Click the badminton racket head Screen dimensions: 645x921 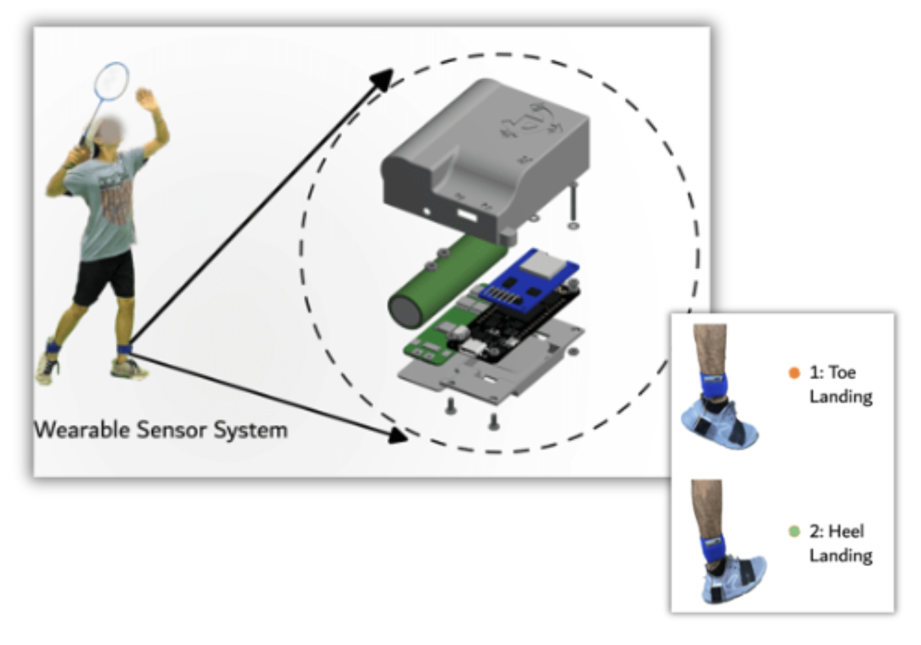coord(112,80)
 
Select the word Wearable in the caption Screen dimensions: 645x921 coord(82,430)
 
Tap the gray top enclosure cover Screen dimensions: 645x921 coord(487,158)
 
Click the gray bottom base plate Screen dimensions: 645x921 coord(500,369)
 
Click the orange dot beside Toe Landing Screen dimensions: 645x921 coord(794,373)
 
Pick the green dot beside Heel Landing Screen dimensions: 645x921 coord(794,531)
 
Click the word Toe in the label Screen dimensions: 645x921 coord(842,373)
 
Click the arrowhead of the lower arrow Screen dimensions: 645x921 coord(399,434)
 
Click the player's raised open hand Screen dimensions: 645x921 coord(145,99)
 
